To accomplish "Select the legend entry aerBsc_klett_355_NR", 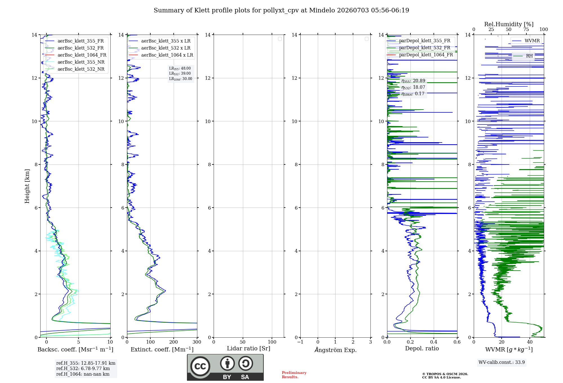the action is coord(75,62).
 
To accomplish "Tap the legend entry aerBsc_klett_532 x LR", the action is coord(159,48).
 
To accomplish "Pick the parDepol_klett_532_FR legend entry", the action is coord(419,48).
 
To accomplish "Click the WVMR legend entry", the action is coord(526,41).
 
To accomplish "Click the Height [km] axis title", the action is coord(27,186).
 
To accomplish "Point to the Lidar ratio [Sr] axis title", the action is coord(249,349).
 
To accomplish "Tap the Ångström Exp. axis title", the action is coord(336,350).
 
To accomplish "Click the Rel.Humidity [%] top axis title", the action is coord(509,24).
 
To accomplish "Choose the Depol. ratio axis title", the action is coord(422,348).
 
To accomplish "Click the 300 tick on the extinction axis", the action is coord(197,342).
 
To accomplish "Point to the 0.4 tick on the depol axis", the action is coord(434,342).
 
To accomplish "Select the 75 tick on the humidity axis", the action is coord(526,30).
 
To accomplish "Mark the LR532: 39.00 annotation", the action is coord(180,74).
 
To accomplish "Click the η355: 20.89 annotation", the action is coord(413,81).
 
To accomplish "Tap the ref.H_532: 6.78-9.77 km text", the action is coord(83,368).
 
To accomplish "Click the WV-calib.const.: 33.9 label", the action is coord(502,362).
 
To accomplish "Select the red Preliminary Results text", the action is coord(294,375).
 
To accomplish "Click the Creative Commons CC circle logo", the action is coord(200,366).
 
